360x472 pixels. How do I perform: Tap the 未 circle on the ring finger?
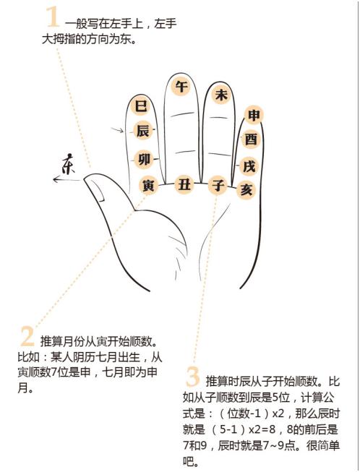221,94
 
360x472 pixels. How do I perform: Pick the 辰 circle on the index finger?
142,131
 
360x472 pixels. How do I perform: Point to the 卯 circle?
144,159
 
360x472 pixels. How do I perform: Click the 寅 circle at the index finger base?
148,186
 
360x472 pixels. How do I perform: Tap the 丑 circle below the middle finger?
184,185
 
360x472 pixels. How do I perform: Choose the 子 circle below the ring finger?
218,185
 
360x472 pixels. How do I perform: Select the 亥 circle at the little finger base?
247,189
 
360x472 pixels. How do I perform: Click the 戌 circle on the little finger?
249,166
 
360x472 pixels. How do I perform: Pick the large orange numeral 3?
192,377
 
